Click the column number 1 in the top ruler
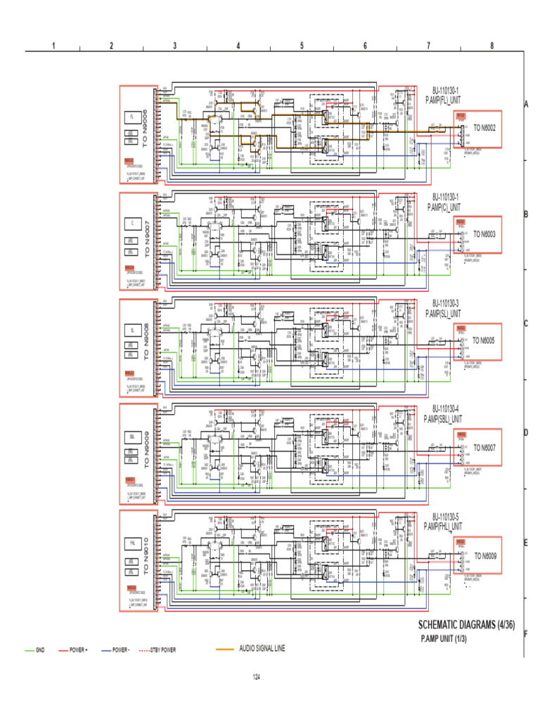click(x=53, y=46)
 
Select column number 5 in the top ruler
click(x=302, y=46)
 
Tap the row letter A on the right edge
click(x=526, y=104)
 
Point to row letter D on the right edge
click(x=526, y=432)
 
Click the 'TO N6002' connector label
click(x=484, y=127)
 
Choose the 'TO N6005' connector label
click(x=484, y=340)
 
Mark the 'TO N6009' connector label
click(x=484, y=555)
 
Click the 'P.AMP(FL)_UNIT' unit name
click(x=444, y=100)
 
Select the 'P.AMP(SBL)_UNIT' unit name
click(x=444, y=418)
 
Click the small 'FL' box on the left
click(x=131, y=116)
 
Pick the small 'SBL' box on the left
click(x=131, y=437)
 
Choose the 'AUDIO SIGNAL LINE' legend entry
click(x=262, y=648)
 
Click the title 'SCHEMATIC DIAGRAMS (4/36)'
click(x=467, y=624)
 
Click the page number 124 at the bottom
click(x=257, y=676)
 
